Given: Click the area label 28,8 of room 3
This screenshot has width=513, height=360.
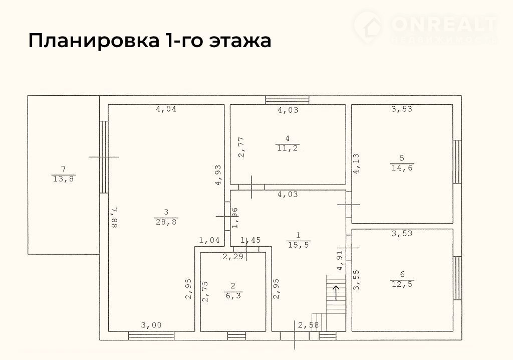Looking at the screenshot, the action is point(166,222).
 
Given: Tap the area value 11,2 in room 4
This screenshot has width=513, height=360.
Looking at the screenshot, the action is point(288,148).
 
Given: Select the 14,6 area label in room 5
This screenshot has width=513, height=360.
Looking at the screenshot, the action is point(402,168).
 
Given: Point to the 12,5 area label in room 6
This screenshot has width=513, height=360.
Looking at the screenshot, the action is point(402,284).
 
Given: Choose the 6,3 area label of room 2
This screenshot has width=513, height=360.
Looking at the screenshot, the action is point(233,296).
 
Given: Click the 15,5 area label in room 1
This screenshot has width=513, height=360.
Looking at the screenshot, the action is point(299,245).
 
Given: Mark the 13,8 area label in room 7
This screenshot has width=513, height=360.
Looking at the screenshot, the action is point(64,179).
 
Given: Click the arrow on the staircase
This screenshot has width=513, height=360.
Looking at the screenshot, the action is point(336,293).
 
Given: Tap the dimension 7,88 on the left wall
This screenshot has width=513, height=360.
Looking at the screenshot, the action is point(114,218).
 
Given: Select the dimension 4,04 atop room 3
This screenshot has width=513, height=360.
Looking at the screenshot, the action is point(166,109).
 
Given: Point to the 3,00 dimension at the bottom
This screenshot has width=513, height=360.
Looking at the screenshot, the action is point(151,325).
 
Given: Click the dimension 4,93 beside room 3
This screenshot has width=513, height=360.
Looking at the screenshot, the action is point(218,175).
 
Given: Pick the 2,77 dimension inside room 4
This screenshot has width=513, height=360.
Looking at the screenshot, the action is point(241,147).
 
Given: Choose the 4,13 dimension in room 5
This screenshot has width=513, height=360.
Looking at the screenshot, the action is point(356,163).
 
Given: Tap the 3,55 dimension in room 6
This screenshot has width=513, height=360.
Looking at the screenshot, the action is point(356,280).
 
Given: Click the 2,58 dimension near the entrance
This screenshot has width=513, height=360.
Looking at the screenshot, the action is point(308,325).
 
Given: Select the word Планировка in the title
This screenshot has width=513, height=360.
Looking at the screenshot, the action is point(93,41).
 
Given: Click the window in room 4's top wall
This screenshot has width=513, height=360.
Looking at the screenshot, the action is point(287,100).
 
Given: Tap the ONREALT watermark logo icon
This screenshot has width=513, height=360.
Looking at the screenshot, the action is point(368,26).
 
